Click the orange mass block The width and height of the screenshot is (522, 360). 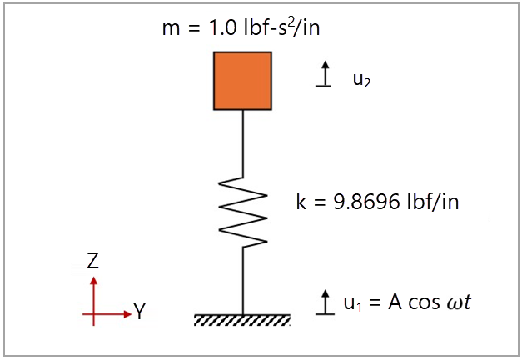pos(242,81)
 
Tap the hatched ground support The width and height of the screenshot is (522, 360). pos(242,320)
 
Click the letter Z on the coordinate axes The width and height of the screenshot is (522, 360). pos(93,262)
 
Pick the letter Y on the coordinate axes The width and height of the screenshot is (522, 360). pos(140,313)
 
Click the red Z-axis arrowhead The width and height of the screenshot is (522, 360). pos(93,281)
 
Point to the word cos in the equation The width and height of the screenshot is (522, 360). pos(421,302)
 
